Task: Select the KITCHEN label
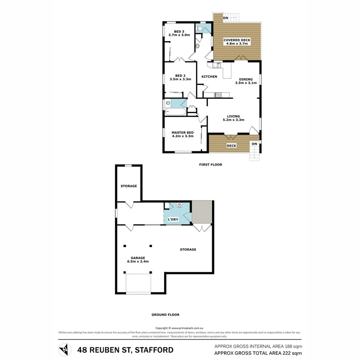click(209, 76)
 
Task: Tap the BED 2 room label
click(180, 77)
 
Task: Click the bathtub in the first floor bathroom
click(175, 113)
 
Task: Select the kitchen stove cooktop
click(218, 95)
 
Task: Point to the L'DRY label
click(173, 219)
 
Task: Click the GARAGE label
click(138, 259)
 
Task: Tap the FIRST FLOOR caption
click(211, 165)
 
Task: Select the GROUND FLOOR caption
click(165, 314)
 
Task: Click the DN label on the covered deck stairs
click(225, 18)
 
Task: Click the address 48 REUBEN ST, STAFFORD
click(125, 350)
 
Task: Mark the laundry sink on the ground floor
click(179, 206)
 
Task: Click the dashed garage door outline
click(138, 284)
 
